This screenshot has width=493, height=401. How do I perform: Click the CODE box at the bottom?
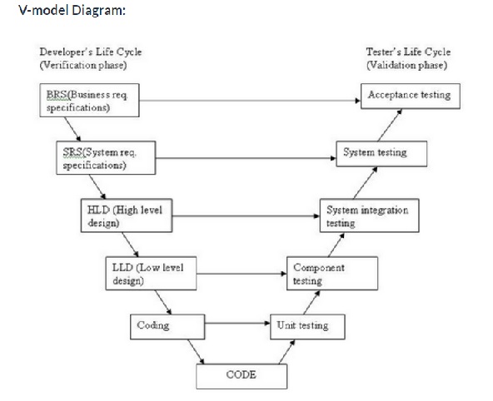point(241,375)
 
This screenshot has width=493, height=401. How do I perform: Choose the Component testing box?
point(332,274)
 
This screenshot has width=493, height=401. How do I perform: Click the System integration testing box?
point(369,215)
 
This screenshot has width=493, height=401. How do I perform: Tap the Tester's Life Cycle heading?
point(408,52)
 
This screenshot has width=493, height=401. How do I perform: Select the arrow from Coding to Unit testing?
point(237,324)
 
